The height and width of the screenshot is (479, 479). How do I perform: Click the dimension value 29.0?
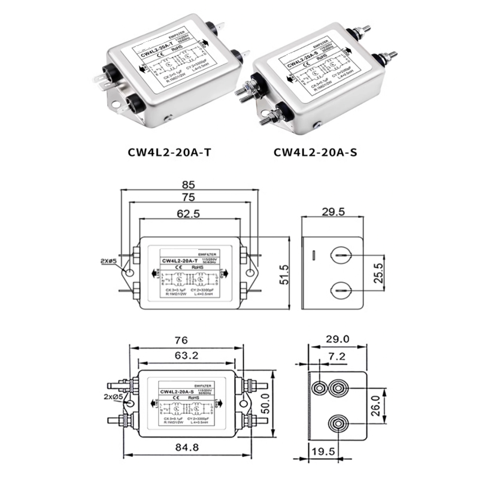pyautogui.click(x=337, y=339)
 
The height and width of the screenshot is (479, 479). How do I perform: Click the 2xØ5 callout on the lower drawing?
pyautogui.click(x=114, y=396)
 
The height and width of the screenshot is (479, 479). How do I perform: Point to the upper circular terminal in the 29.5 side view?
pyautogui.click(x=339, y=256)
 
